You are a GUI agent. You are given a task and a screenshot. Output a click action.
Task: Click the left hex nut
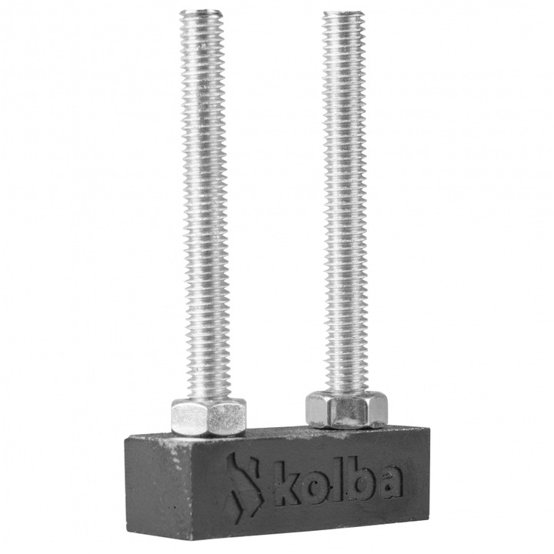[x=208, y=417]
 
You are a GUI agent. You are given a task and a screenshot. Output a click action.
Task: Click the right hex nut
[x=345, y=409]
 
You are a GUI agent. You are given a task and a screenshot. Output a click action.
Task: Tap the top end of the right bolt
[x=343, y=15]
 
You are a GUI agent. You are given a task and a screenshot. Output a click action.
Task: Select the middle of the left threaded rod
[x=205, y=208]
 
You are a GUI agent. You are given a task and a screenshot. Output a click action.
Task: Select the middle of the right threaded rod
[x=344, y=204]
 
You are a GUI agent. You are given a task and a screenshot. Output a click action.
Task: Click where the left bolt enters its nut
[x=205, y=400]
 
